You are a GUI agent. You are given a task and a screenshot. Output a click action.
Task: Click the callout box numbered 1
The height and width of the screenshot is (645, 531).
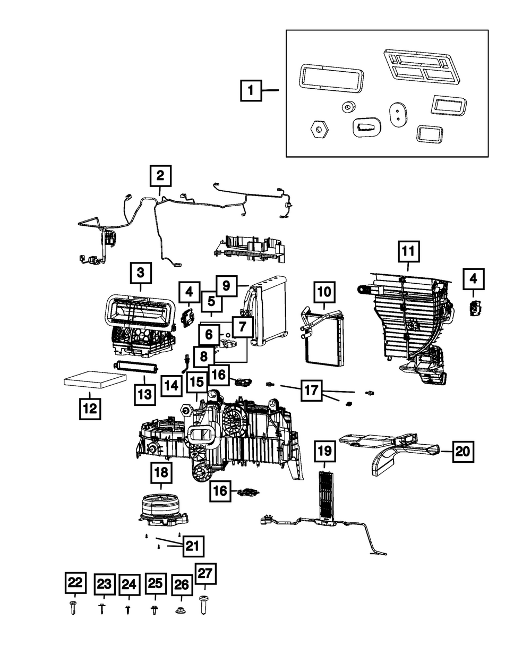tap(251, 90)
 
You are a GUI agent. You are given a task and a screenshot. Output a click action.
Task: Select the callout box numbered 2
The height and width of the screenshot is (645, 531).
tap(160, 176)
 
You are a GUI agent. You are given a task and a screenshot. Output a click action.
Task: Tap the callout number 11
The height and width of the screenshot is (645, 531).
tap(408, 251)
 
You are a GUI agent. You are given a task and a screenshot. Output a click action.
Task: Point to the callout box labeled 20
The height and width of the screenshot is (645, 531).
tap(463, 451)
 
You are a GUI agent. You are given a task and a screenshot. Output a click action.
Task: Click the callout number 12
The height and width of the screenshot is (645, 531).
tap(90, 409)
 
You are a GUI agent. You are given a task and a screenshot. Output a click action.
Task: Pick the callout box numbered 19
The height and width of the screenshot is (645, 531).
tap(325, 451)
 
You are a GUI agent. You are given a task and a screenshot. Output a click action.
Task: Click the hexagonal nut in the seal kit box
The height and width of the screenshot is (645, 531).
tap(319, 129)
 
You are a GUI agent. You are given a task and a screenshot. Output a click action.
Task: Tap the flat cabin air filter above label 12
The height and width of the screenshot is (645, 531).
tap(96, 379)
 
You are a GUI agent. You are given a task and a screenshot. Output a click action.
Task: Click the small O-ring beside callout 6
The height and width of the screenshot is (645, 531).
tap(228, 335)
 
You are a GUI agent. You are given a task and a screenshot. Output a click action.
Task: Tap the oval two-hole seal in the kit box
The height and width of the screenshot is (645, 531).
tap(398, 114)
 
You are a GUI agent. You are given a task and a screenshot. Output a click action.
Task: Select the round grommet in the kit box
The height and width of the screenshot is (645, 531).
tap(349, 107)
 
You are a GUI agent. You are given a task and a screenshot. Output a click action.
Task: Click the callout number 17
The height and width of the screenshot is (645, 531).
tap(311, 390)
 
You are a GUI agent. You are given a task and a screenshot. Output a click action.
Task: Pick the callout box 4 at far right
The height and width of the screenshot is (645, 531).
tap(473, 279)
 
